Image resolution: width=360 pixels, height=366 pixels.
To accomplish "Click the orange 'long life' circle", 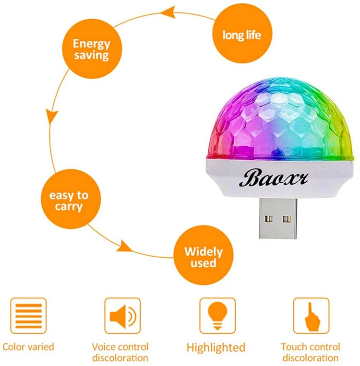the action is (x=241, y=34).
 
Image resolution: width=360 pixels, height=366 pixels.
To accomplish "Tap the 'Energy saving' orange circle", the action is (x=91, y=49).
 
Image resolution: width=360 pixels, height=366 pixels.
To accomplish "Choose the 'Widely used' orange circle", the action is (x=203, y=257).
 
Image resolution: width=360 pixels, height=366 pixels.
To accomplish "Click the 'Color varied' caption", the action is (x=28, y=346).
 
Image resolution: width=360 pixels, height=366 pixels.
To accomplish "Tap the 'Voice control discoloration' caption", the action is (x=120, y=352).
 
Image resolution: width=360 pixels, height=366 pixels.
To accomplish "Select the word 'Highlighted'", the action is (x=216, y=347).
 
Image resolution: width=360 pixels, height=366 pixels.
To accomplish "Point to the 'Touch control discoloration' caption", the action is (x=311, y=352).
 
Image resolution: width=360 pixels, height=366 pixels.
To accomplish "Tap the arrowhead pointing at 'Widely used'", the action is (x=124, y=247).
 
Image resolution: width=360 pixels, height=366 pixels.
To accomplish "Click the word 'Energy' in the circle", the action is (x=91, y=44).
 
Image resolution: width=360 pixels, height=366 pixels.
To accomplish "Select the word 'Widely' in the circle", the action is (x=203, y=251).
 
